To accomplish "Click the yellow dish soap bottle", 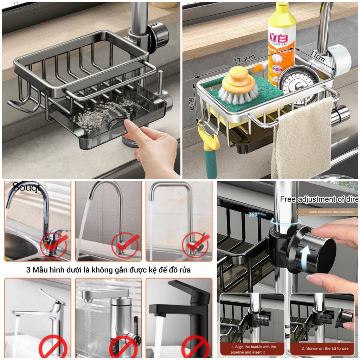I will click(x=281, y=39).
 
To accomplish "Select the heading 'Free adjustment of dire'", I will click(x=319, y=199).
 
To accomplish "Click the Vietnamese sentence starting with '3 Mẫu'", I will click(x=111, y=270).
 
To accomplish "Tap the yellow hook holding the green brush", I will click(x=210, y=135).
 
